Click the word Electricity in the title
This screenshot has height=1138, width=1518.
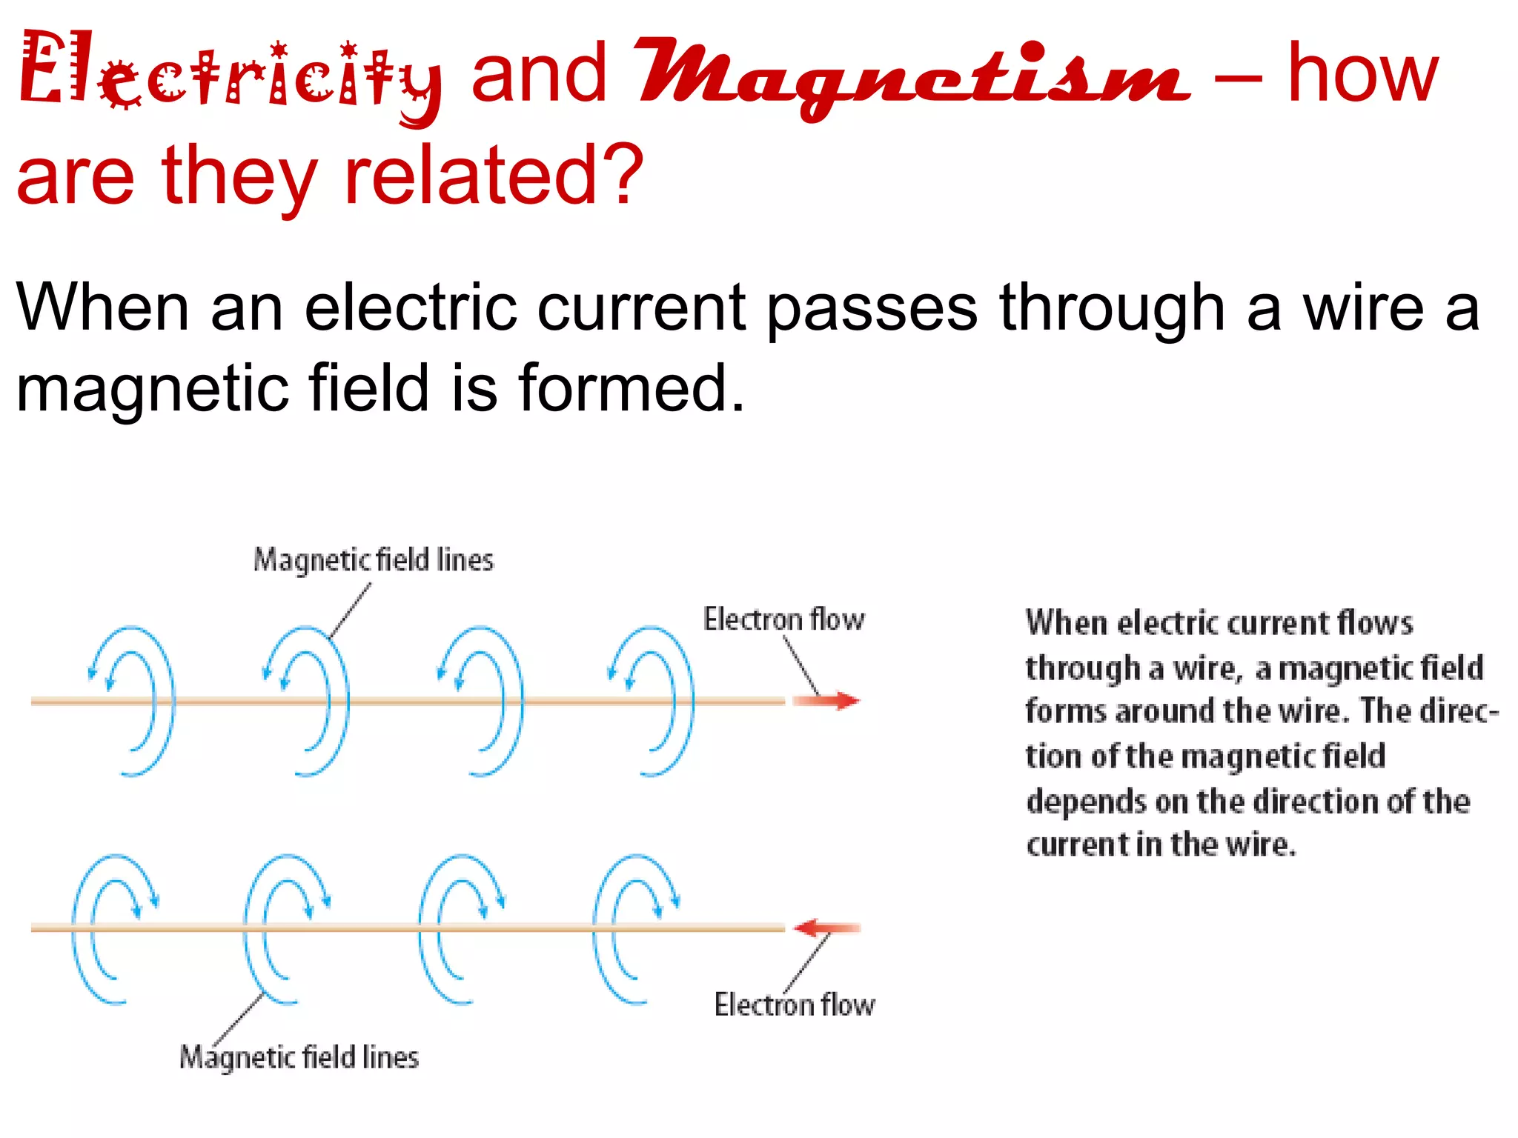point(230,74)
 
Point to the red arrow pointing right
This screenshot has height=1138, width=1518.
point(827,700)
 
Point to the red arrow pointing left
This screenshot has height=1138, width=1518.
point(826,928)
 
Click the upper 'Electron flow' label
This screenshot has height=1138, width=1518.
point(783,619)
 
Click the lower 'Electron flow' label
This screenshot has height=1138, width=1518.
point(795,1005)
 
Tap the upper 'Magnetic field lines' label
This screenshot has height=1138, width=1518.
point(373,560)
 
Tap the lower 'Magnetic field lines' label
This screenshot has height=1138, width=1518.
point(299,1057)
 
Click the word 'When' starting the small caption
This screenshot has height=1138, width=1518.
point(1066,623)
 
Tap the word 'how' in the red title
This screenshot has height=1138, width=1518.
point(1362,74)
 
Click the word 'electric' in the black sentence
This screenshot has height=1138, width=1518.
point(410,307)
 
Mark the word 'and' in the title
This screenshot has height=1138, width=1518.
point(539,74)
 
